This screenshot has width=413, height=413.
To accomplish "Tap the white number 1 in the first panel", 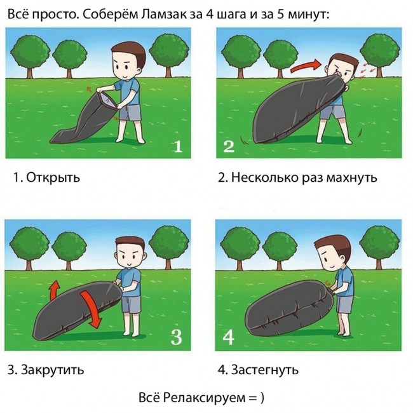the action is point(178,146).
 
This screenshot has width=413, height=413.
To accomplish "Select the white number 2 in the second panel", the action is point(229,146).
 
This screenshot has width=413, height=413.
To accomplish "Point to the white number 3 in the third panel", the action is point(177,337).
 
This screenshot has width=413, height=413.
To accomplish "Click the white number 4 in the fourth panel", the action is point(228,337).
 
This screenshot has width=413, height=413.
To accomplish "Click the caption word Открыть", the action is point(53,177).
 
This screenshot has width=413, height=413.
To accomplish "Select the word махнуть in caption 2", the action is point(351,177).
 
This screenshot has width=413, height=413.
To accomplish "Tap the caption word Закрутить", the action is point(52,370).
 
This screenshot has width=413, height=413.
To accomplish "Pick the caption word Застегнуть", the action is point(265,370).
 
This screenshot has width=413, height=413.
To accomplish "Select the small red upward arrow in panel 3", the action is point(55,290).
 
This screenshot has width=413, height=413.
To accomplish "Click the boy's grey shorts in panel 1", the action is point(130,112).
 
